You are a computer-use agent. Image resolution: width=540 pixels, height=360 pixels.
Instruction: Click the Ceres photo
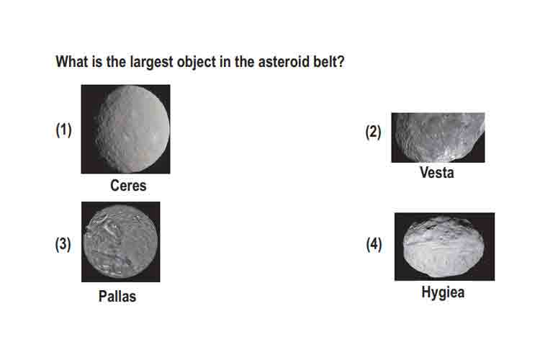click(x=125, y=129)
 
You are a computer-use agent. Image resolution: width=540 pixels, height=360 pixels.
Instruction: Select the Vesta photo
click(x=438, y=138)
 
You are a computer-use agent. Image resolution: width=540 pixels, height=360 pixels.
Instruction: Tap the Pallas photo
click(x=120, y=241)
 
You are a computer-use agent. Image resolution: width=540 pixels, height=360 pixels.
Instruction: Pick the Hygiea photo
click(x=444, y=247)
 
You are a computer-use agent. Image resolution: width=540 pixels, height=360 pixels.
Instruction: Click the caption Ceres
click(x=128, y=186)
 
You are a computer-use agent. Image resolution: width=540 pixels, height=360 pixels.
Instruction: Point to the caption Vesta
click(x=437, y=173)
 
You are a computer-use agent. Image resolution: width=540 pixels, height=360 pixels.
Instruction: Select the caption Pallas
click(x=117, y=296)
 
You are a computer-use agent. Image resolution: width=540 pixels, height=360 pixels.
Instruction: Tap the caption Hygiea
click(x=443, y=292)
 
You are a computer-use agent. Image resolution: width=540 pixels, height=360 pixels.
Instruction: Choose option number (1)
click(x=63, y=130)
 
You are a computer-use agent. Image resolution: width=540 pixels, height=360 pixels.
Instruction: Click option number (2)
click(x=373, y=132)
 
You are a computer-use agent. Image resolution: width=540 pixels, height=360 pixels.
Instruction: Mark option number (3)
click(x=63, y=244)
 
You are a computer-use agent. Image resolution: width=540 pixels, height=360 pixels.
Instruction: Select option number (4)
click(x=374, y=244)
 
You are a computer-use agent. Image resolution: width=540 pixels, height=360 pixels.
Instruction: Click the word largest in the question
click(x=151, y=63)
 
